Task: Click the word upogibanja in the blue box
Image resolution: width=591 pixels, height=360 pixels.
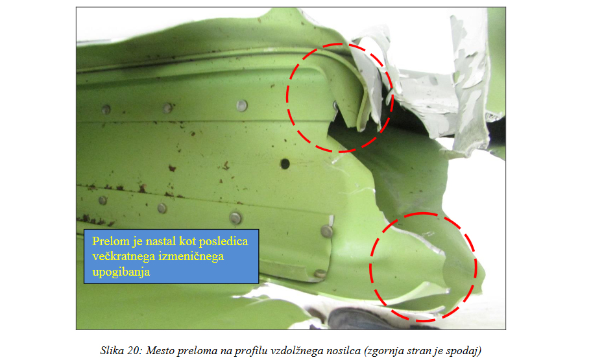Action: click(121, 272)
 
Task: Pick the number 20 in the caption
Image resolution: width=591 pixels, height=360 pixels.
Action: click(134, 350)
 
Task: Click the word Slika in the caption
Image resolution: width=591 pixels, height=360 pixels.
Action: click(112, 350)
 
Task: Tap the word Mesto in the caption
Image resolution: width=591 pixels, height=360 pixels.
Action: click(160, 350)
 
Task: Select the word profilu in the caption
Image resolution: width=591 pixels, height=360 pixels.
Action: click(248, 351)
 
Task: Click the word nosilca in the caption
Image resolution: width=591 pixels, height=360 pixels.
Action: click(343, 350)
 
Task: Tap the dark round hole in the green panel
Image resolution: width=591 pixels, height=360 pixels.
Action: click(285, 163)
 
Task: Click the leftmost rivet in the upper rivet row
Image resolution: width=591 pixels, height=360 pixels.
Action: click(106, 110)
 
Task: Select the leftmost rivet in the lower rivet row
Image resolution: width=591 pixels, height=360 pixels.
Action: click(103, 200)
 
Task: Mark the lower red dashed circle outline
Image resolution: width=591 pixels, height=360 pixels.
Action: click(370, 267)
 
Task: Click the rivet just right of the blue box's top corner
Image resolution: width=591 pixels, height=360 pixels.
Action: click(327, 231)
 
